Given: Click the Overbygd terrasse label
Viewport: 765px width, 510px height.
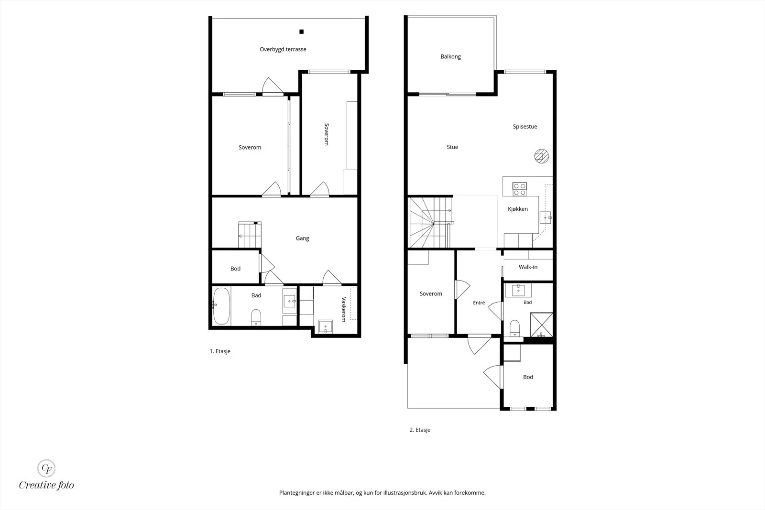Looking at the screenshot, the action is (283, 49).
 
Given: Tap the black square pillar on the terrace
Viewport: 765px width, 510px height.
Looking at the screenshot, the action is (302, 32).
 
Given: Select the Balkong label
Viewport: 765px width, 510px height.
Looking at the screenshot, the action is (450, 57).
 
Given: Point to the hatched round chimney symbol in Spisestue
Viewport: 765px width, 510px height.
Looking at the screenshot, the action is (542, 156).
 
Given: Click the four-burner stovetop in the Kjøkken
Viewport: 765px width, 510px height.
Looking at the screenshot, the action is (519, 189).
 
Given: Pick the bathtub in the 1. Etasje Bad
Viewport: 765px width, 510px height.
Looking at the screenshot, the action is (221, 306).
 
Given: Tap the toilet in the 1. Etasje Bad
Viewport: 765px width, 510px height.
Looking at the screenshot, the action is (256, 317).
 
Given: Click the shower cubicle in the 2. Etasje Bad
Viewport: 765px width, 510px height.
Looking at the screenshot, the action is (541, 325).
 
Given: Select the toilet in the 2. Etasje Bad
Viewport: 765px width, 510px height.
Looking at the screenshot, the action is (514, 328).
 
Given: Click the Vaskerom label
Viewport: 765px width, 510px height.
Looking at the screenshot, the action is (344, 309).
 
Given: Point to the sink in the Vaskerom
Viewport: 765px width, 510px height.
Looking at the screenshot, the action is (325, 326).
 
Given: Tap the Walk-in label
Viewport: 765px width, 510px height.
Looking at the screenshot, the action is (528, 267).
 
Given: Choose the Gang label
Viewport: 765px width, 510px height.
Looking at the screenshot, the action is (302, 239).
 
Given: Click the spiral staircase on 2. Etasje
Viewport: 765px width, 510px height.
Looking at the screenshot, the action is (431, 222).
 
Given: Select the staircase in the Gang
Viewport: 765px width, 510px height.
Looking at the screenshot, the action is (250, 235).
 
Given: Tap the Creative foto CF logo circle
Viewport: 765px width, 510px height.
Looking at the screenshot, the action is (46, 468).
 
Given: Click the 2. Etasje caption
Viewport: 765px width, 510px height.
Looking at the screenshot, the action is (420, 430).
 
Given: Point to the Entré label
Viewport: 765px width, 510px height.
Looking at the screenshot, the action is (479, 303).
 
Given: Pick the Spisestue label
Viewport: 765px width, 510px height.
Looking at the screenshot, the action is (525, 127).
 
